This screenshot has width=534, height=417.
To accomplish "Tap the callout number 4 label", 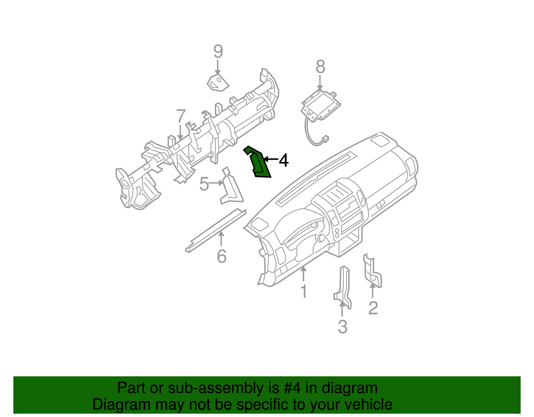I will point(284,160).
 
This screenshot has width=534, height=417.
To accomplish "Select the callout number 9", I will point(218,52).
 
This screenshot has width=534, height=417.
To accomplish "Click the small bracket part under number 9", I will point(218,83).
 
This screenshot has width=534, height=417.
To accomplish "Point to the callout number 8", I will point(320,67).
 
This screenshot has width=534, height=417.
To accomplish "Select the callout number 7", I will point(181,117).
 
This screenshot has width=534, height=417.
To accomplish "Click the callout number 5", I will point(204,184).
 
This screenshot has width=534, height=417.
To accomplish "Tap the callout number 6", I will point(222,256).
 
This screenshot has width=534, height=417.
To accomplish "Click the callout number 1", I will point(304,291).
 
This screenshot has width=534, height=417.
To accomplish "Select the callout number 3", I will point(342,327).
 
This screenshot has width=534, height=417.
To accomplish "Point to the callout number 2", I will point(373,308).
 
